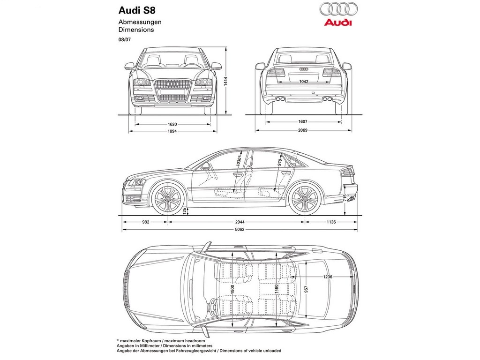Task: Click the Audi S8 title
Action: pos(137,10)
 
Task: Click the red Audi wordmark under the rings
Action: pos(338,22)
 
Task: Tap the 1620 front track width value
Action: pos(172,124)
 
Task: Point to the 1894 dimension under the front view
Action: pos(172,131)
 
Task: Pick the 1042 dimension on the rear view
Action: pos(304,82)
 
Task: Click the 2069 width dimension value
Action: pos(303,130)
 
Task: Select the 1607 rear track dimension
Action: pos(303,121)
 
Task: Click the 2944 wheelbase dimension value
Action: pos(240,222)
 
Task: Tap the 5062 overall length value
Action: pos(240,229)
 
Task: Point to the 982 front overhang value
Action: pos(146,222)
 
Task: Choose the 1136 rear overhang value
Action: pos(331,222)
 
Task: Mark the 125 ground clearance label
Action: pos(185,210)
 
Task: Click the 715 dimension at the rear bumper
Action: pos(345,198)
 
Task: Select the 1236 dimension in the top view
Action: pos(328,277)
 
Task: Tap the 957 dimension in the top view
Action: pos(306,289)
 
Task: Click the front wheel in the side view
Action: pos(168,198)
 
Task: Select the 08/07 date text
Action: pos(124,39)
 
